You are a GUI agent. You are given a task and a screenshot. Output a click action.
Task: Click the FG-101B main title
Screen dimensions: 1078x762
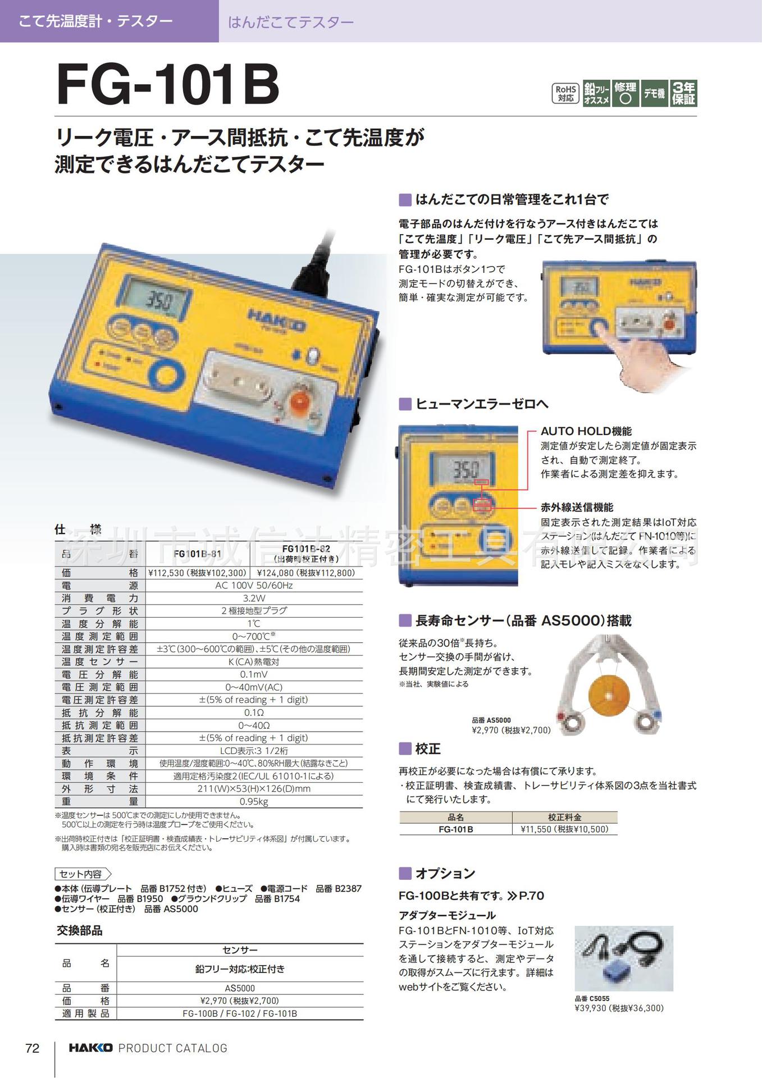coord(168,85)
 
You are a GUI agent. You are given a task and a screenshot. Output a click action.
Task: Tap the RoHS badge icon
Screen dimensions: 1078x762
coord(565,93)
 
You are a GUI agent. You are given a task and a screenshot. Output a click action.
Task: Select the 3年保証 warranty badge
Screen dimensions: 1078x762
coord(683,93)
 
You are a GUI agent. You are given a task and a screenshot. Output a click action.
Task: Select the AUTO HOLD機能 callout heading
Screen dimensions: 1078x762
coord(586,431)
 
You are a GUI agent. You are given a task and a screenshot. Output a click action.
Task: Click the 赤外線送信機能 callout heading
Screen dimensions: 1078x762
coord(577,507)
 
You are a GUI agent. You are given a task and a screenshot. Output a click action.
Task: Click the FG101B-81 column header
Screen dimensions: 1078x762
coord(197,554)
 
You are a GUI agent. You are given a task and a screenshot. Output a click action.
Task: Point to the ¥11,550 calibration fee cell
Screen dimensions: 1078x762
coord(564,829)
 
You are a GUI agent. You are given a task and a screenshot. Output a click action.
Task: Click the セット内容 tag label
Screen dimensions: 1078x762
coord(82,874)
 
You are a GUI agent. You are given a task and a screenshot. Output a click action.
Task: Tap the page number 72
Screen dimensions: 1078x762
coord(33,1048)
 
